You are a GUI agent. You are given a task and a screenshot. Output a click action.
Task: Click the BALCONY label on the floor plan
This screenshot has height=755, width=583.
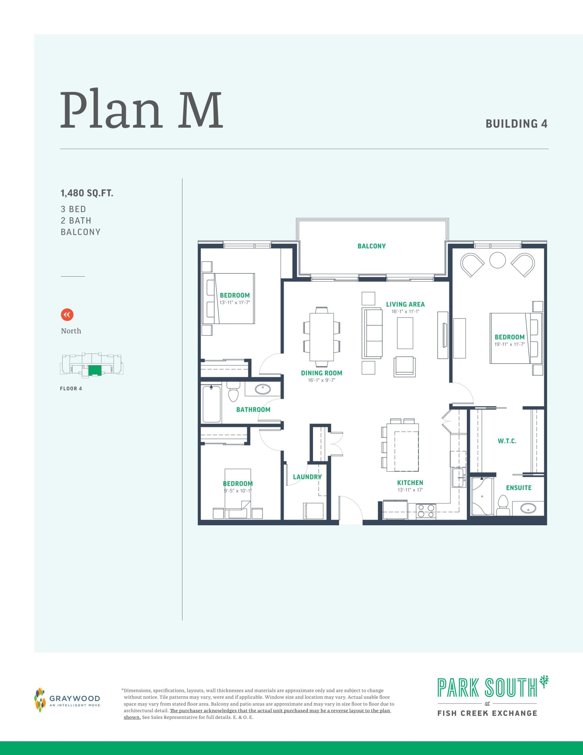tap(371, 246)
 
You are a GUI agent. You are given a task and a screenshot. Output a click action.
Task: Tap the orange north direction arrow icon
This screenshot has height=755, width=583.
tap(67, 315)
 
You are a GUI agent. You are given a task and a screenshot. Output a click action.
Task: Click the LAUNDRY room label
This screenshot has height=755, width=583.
tap(307, 477)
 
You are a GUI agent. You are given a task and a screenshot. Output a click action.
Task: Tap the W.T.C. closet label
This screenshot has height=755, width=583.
tap(507, 441)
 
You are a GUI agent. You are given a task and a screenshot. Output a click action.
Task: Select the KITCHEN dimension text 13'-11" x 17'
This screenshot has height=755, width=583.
tap(410, 490)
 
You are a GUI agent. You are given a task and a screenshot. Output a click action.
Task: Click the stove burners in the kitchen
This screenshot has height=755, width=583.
tap(426, 511)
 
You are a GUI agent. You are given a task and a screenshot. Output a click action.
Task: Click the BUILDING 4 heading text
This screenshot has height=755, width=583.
tap(516, 124)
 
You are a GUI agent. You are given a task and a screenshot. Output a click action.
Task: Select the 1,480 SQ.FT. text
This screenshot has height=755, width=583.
tap(87, 193)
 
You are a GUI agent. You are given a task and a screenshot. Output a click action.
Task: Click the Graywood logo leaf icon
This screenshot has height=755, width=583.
tap(40, 700)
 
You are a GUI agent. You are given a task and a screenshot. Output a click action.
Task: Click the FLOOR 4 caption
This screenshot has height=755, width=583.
tap(71, 389)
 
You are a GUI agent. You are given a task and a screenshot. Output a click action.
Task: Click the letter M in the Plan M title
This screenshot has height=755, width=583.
tap(200, 111)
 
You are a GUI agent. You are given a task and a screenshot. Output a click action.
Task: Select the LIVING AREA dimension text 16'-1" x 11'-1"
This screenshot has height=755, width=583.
tap(405, 311)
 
